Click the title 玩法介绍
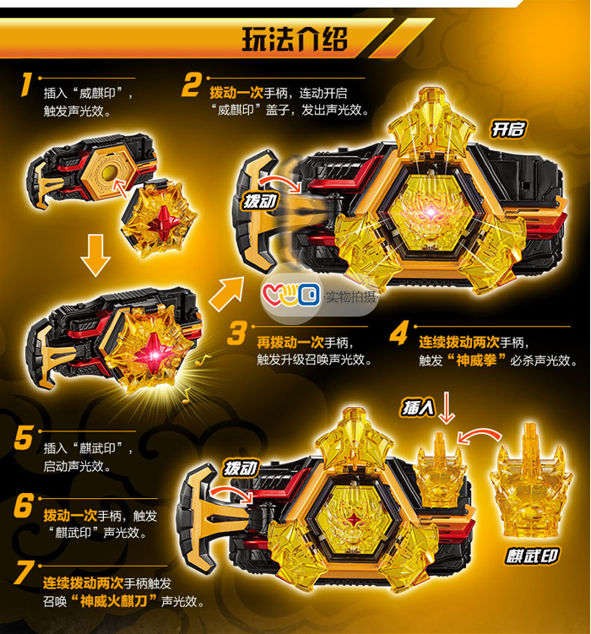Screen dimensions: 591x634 (295, 39)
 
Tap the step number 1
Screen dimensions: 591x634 (26, 85)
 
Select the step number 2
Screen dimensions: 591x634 (191, 85)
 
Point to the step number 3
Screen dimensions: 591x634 (237, 333)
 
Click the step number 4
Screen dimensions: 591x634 (399, 334)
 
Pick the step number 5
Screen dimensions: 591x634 (23, 438)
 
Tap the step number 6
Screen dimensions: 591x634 (23, 506)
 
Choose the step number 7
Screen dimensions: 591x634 (24, 573)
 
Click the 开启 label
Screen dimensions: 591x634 (508, 130)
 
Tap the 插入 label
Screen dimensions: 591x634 (418, 407)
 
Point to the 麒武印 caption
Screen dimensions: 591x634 (532, 556)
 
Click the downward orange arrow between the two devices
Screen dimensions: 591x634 (95, 256)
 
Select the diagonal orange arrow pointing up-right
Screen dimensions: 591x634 (226, 294)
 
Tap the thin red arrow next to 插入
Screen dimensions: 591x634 (447, 408)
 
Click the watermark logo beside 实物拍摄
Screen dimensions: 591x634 (291, 295)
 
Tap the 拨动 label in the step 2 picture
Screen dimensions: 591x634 (261, 201)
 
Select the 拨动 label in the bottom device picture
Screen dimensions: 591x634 (241, 469)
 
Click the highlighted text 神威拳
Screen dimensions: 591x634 (476, 360)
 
